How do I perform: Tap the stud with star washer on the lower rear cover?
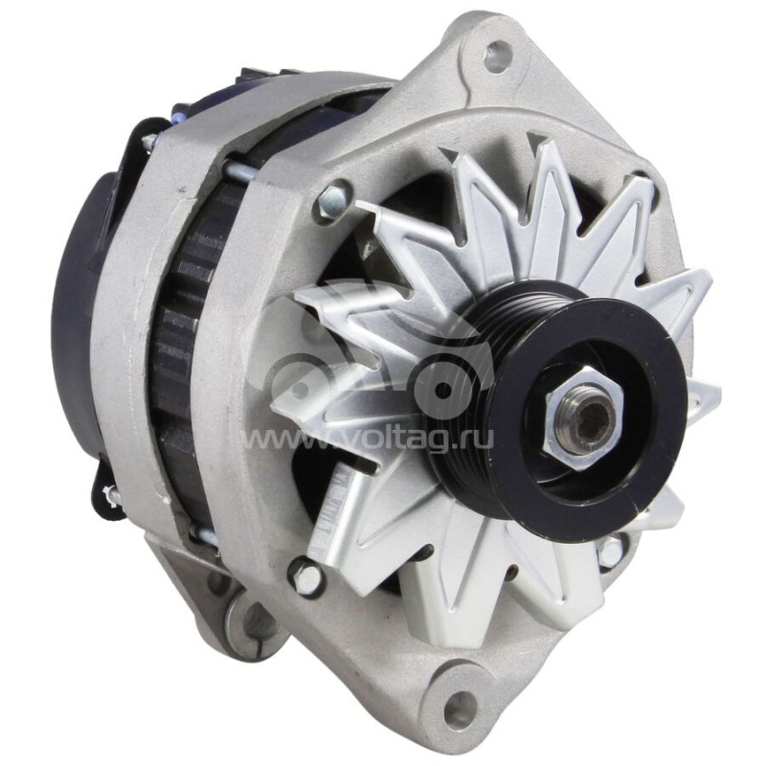[x=109, y=497]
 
